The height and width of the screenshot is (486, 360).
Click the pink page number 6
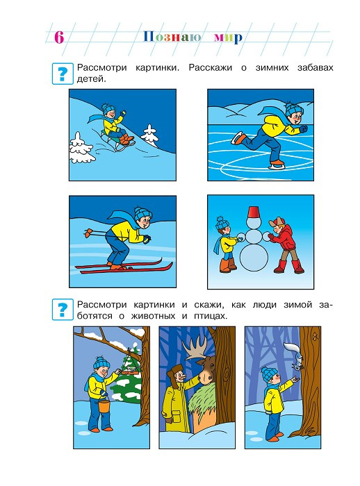point(59,37)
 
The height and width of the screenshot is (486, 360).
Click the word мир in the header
point(228,37)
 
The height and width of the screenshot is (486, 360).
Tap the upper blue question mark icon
point(63,74)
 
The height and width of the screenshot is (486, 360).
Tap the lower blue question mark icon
point(63,309)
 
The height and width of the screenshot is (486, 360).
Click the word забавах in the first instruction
point(315,67)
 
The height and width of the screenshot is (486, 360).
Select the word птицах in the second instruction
point(211,316)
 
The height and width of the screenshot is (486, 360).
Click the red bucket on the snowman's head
point(254,212)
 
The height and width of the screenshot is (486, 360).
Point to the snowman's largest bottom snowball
point(254,257)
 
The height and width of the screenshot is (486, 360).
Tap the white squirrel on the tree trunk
point(295,356)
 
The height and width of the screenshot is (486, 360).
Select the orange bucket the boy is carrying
point(104,405)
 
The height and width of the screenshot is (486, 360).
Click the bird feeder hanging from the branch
point(130,370)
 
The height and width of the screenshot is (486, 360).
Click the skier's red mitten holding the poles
point(88,231)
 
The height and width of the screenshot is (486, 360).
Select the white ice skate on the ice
point(276,165)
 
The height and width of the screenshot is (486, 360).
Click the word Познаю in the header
point(172,37)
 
